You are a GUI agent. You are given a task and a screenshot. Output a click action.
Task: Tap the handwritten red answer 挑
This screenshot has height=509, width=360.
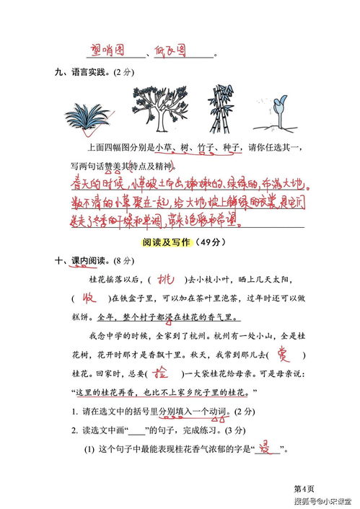[167, 278]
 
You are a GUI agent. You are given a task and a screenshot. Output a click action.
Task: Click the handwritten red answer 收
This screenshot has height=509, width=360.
[89, 298]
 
